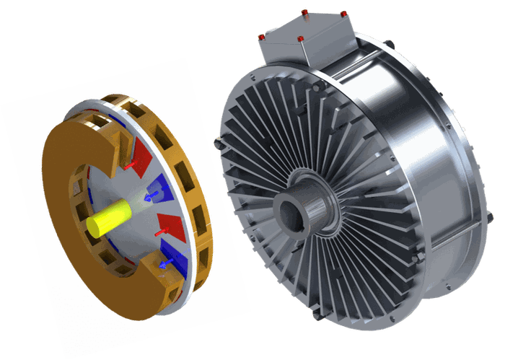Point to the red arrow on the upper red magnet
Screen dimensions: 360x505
pos(130,167)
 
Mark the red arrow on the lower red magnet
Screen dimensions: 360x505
pos(160,232)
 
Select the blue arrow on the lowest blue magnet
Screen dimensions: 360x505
pos(164,264)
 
